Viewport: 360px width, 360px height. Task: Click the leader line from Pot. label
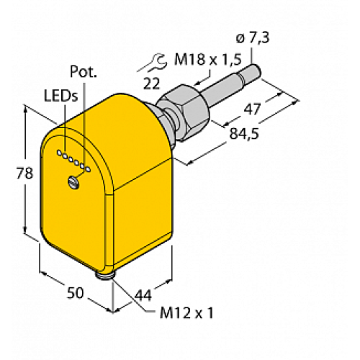(x=84, y=122)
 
